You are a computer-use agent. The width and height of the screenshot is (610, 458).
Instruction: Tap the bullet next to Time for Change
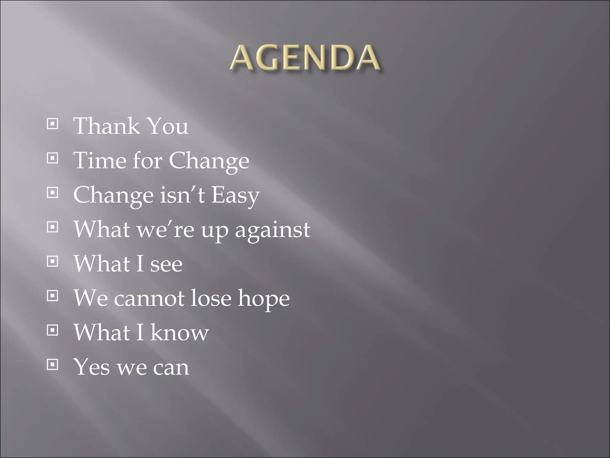52,158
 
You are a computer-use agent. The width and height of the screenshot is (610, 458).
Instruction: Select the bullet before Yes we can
52,364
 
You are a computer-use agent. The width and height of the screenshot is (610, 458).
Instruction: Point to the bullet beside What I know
52,330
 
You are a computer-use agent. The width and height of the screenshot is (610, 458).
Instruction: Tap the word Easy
235,196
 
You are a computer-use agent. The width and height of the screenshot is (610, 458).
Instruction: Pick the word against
273,230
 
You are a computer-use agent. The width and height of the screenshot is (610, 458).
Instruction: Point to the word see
166,264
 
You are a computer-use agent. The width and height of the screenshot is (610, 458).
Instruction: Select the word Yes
92,367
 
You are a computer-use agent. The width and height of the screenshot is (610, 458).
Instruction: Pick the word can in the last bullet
171,368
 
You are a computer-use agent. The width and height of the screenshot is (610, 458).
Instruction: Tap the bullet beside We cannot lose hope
52,296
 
